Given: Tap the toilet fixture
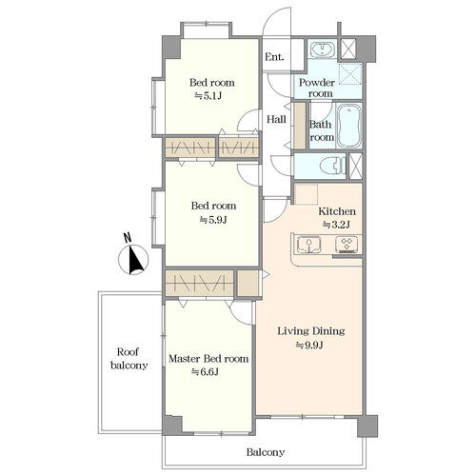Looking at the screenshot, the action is tap(332, 166).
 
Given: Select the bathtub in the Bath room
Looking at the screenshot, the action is tap(348, 126).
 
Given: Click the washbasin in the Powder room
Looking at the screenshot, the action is tap(323, 50).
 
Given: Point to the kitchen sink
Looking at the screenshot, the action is tap(308, 246).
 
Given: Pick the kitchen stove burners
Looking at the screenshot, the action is tap(347, 245).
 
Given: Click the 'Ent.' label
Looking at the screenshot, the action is tap(274, 57).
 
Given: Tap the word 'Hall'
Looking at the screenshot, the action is tap(276, 119).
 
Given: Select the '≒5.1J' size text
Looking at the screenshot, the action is tap(208, 96).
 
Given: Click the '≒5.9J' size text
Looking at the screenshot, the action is tap(213, 220).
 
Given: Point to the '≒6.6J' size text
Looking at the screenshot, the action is tap(205, 371).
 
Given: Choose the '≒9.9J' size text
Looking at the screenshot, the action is tap(309, 345).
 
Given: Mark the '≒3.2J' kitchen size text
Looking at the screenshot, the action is tap(336, 225).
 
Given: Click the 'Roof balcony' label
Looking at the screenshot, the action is tap(129, 359).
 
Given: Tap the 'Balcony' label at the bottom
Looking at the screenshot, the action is tap(266, 452).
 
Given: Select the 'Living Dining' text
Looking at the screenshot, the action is tap(311, 331).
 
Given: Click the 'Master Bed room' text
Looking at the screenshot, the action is tap(208, 359).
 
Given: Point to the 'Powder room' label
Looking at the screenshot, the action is tap(317, 88).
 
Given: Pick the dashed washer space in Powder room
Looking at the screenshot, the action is tap(350, 73).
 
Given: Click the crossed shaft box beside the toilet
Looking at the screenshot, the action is tap(355, 166).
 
